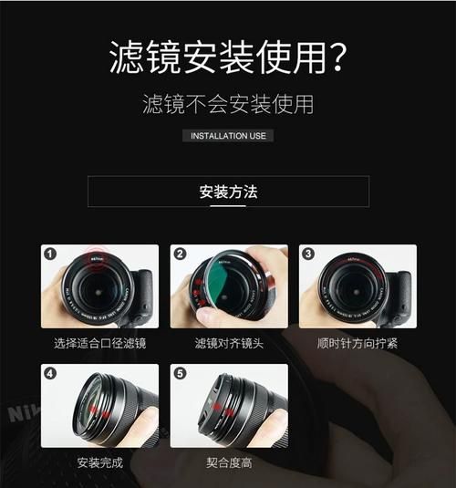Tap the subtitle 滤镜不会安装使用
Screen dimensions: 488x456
(x=228, y=103)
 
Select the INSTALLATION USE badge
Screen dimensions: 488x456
(x=228, y=136)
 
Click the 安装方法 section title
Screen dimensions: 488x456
(x=228, y=192)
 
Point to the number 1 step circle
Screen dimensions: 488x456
(x=50, y=254)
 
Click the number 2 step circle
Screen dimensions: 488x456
(x=180, y=254)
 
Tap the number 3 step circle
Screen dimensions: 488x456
(x=308, y=254)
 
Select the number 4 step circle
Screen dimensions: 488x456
(x=50, y=373)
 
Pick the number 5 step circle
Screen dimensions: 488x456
(x=180, y=373)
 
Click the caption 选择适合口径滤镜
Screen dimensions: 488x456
(x=99, y=343)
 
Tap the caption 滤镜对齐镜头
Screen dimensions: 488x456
(x=228, y=343)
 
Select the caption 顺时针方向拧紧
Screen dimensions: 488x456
(x=357, y=343)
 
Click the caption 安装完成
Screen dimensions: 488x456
(x=99, y=462)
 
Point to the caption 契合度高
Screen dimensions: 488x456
(x=228, y=462)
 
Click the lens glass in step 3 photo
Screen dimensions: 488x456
(x=353, y=290)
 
